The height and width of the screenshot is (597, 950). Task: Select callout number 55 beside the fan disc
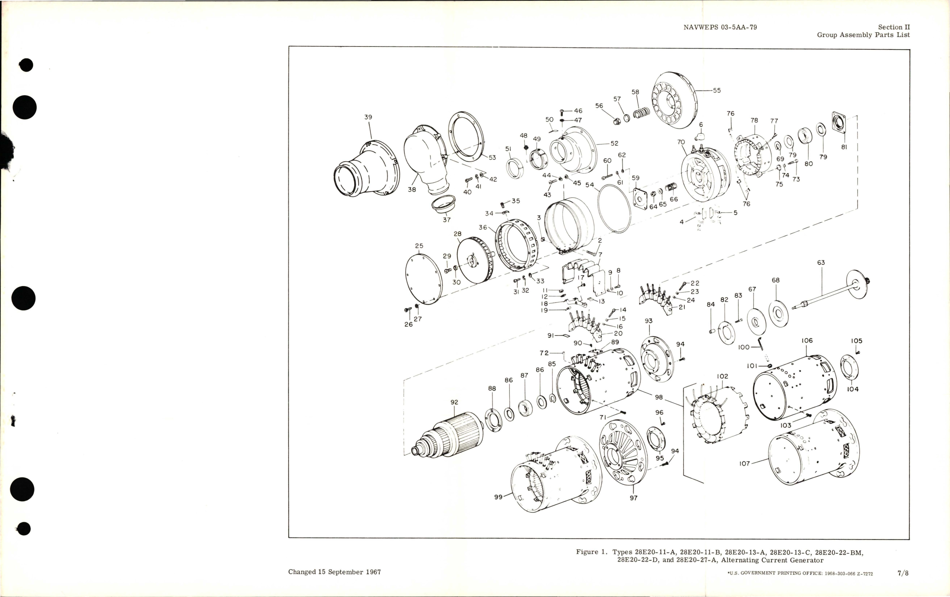point(717,90)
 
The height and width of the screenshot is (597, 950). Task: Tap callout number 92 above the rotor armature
point(454,402)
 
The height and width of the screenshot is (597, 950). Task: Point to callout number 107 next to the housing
point(745,464)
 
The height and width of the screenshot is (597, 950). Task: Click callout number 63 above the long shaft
point(821,263)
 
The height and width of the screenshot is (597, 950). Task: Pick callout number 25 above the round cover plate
point(419,246)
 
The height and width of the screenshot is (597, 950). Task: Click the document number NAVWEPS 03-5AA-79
point(720,27)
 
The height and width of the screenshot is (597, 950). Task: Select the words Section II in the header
point(894,27)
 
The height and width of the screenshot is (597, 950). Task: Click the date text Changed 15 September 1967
point(334,572)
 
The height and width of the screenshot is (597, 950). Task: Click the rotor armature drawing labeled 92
point(450,438)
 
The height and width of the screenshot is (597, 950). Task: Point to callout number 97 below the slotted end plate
point(633,498)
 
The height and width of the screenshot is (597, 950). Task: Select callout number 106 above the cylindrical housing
point(807,341)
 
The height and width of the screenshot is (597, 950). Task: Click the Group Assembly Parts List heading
point(863,35)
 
